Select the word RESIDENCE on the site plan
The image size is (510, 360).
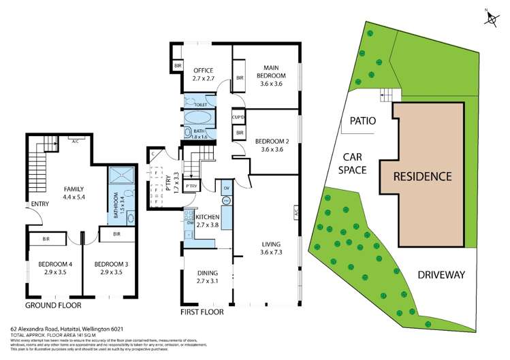(x=421, y=176)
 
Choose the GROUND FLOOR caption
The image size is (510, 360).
(x=53, y=305)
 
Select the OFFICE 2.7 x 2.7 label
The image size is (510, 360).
(x=204, y=74)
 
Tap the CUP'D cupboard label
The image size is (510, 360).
(x=238, y=117)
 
